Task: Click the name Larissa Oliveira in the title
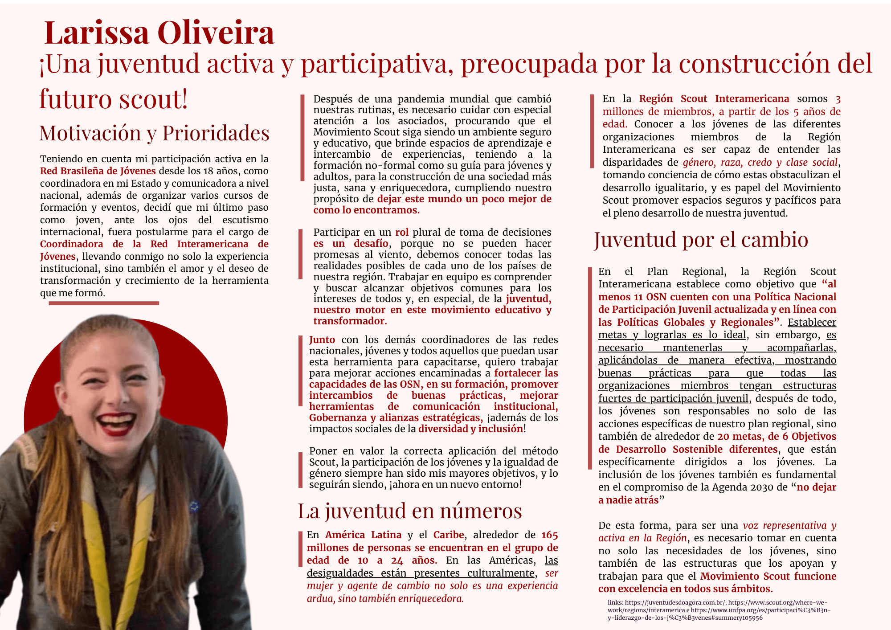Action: click(x=159, y=33)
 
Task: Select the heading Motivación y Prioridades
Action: click(x=154, y=133)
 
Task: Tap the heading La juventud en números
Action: click(x=409, y=511)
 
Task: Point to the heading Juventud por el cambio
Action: click(x=701, y=240)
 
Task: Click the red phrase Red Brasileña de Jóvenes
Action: click(x=98, y=171)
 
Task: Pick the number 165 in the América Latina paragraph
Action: click(x=549, y=535)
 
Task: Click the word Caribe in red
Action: click(x=448, y=535)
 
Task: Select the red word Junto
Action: click(x=322, y=340)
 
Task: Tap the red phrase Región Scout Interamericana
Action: click(x=714, y=99)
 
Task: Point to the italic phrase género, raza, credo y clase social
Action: click(x=760, y=162)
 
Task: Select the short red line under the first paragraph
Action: click(x=103, y=303)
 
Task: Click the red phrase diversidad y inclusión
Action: click(x=470, y=429)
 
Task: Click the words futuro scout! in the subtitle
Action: click(x=114, y=99)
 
